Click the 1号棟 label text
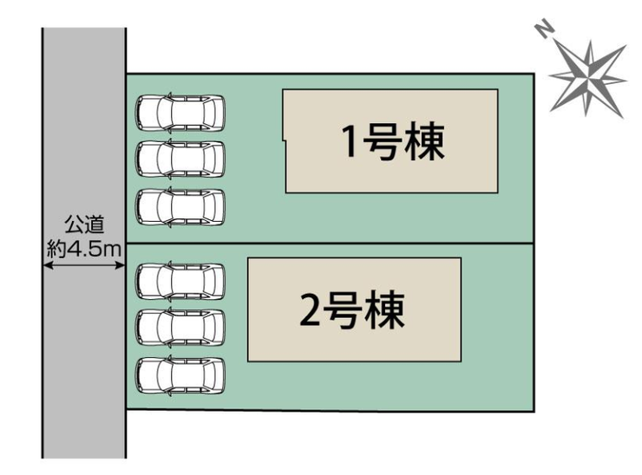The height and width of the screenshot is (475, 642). click(x=392, y=143)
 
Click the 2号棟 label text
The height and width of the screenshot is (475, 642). click(x=352, y=310)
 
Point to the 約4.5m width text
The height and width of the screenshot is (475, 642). click(x=84, y=248)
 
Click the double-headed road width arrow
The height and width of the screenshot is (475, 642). click(x=84, y=265)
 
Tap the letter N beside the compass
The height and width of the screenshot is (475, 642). click(x=544, y=33)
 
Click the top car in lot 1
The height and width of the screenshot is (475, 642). click(x=180, y=112)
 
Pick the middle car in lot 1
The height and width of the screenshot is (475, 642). click(x=180, y=159)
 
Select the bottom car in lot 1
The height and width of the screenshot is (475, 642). click(x=180, y=206)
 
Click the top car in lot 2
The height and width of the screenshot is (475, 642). click(x=180, y=280)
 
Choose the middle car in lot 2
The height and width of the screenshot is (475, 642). click(x=180, y=328)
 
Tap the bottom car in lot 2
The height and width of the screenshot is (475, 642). click(x=180, y=375)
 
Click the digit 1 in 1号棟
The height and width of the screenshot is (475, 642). click(x=350, y=144)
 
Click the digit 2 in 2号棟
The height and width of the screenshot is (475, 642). click(x=310, y=312)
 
